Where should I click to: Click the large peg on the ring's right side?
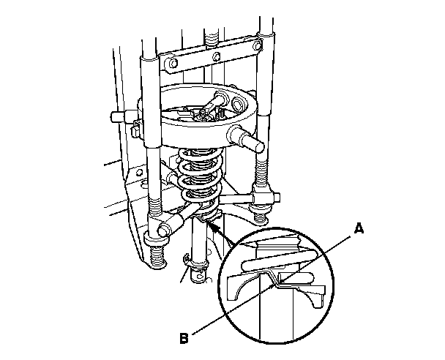pyautogui.click(x=243, y=136)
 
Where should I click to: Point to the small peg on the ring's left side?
pyautogui.click(x=116, y=117)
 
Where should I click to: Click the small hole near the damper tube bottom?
pyautogui.click(x=198, y=277)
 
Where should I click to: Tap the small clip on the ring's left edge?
pyautogui.click(x=137, y=127)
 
